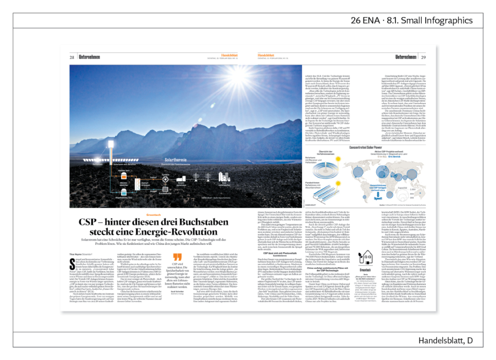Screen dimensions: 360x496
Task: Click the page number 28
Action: (x=71, y=57)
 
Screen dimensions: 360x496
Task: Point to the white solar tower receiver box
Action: (x=111, y=144)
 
